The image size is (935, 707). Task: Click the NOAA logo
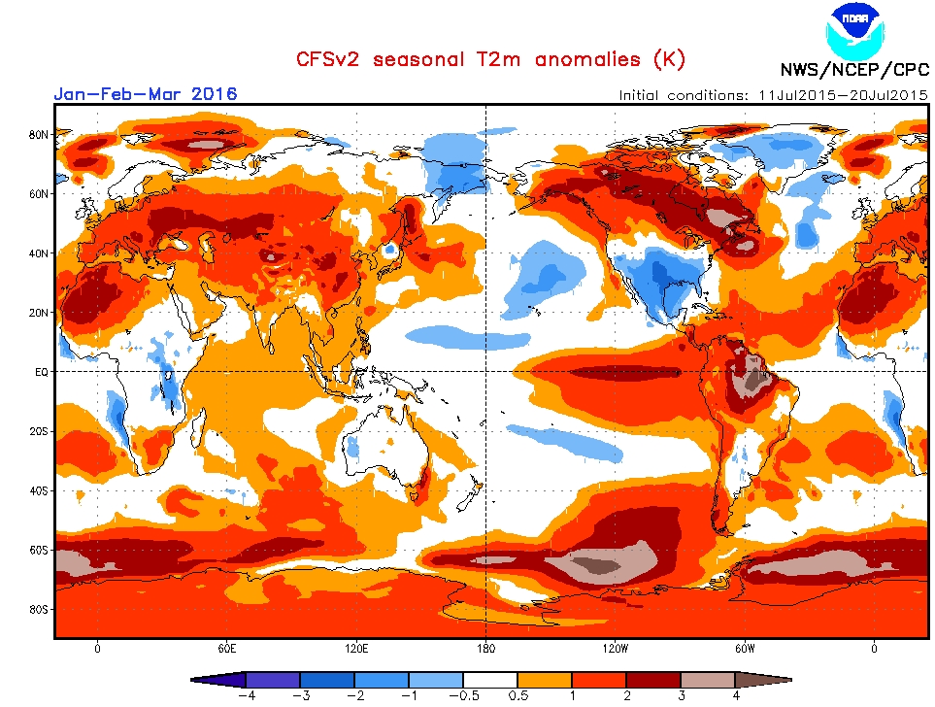click(x=854, y=30)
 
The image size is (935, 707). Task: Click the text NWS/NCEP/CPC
click(x=854, y=70)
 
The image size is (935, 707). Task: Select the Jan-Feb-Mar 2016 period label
click(x=146, y=94)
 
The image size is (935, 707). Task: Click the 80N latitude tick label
click(x=40, y=134)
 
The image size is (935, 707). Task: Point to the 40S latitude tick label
click(x=40, y=490)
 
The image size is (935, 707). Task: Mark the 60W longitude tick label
click(x=745, y=649)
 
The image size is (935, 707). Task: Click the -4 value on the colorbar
click(x=247, y=695)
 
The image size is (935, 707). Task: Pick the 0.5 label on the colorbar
click(x=518, y=695)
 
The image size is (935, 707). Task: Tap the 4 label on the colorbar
click(x=735, y=695)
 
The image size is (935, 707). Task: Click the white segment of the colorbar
click(x=490, y=680)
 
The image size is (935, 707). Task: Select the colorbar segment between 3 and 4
click(x=708, y=680)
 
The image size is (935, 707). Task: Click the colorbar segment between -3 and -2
click(x=327, y=680)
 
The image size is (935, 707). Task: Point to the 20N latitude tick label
click(x=40, y=313)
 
